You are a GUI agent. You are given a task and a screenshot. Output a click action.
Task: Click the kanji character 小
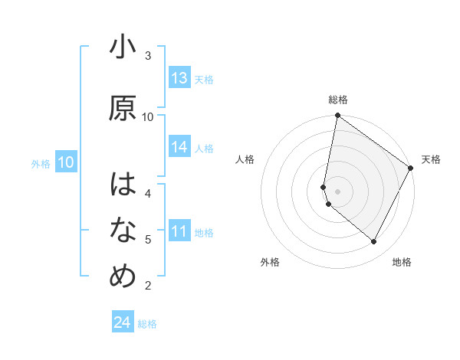click(123, 47)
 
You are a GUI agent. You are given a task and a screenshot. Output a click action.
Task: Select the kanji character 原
click(123, 109)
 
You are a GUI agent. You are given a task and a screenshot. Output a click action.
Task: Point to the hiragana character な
click(123, 231)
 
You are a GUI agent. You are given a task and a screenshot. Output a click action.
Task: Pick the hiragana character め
click(123, 277)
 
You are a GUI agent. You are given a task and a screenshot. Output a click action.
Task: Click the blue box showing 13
click(179, 78)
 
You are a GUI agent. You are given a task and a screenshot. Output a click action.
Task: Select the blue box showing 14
click(179, 147)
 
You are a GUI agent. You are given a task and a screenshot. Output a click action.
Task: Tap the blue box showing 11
click(179, 232)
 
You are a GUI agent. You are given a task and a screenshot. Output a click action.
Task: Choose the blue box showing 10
click(66, 162)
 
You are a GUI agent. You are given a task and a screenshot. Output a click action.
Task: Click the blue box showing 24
click(123, 322)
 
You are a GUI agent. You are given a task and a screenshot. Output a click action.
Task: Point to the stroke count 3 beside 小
click(148, 55)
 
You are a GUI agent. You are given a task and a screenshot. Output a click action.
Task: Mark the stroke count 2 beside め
click(148, 286)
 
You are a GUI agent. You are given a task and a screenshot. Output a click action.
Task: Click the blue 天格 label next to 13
click(204, 79)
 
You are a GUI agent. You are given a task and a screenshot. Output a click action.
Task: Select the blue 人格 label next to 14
click(204, 148)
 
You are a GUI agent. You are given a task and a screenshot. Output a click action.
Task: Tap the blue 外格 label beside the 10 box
click(41, 163)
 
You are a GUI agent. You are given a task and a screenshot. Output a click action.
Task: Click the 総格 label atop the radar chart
click(338, 100)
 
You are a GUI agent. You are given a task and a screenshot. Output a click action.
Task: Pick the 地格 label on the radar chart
click(402, 262)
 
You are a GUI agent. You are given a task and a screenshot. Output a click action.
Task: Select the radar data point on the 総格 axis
click(337, 116)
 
